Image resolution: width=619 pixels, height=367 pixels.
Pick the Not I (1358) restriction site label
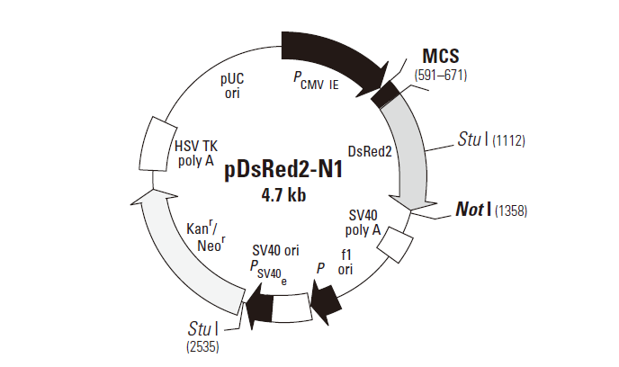point(488,210)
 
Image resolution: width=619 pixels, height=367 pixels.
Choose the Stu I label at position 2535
point(205,328)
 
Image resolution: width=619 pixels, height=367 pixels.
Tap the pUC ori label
point(233,85)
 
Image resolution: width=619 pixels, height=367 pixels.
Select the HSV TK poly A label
point(195,153)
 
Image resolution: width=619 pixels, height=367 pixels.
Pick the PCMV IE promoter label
point(316,82)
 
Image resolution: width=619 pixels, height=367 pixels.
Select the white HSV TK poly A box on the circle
point(156,143)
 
